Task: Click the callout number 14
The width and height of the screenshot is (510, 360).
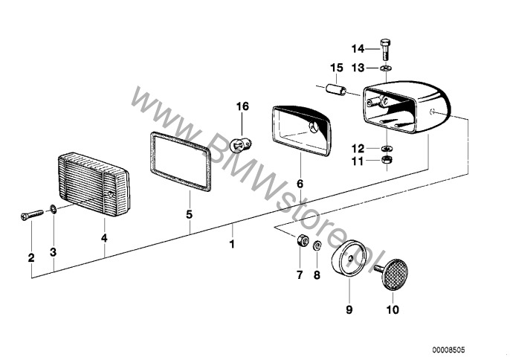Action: [358, 49]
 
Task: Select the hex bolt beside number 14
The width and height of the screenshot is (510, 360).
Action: [385, 49]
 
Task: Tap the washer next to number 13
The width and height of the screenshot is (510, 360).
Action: [386, 68]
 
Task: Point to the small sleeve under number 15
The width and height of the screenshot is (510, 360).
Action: [336, 89]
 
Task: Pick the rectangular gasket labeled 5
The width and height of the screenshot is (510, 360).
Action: [177, 161]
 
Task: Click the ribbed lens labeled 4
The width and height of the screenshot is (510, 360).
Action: [94, 184]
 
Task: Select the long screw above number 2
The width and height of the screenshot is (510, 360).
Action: [32, 215]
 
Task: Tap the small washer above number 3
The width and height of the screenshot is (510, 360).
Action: [53, 209]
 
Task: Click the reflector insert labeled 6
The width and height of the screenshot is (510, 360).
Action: [301, 130]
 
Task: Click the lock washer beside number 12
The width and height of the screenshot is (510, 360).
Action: [387, 148]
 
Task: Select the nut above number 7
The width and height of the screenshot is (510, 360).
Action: [301, 240]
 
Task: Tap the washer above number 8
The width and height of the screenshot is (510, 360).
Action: [317, 245]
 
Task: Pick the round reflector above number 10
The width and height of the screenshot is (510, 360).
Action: [394, 274]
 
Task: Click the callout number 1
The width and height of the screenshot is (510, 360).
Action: [232, 244]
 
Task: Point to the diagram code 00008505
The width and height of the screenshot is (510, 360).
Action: [448, 350]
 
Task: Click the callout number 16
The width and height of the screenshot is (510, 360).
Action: [242, 106]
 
